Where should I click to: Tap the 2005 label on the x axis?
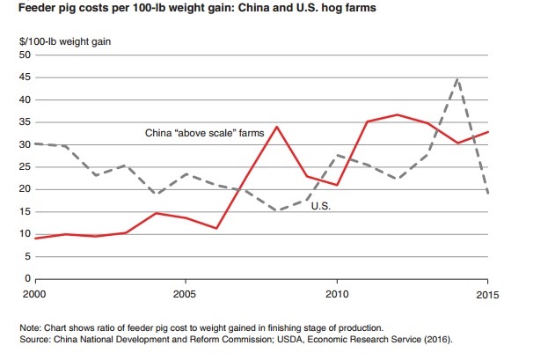click(x=184, y=291)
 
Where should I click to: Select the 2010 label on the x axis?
click(x=336, y=291)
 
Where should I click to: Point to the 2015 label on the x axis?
click(x=487, y=291)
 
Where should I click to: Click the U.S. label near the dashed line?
click(x=322, y=207)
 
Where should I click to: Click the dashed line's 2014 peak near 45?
click(x=457, y=78)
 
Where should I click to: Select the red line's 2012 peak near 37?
click(x=397, y=114)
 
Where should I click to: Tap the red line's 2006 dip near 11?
click(x=215, y=228)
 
